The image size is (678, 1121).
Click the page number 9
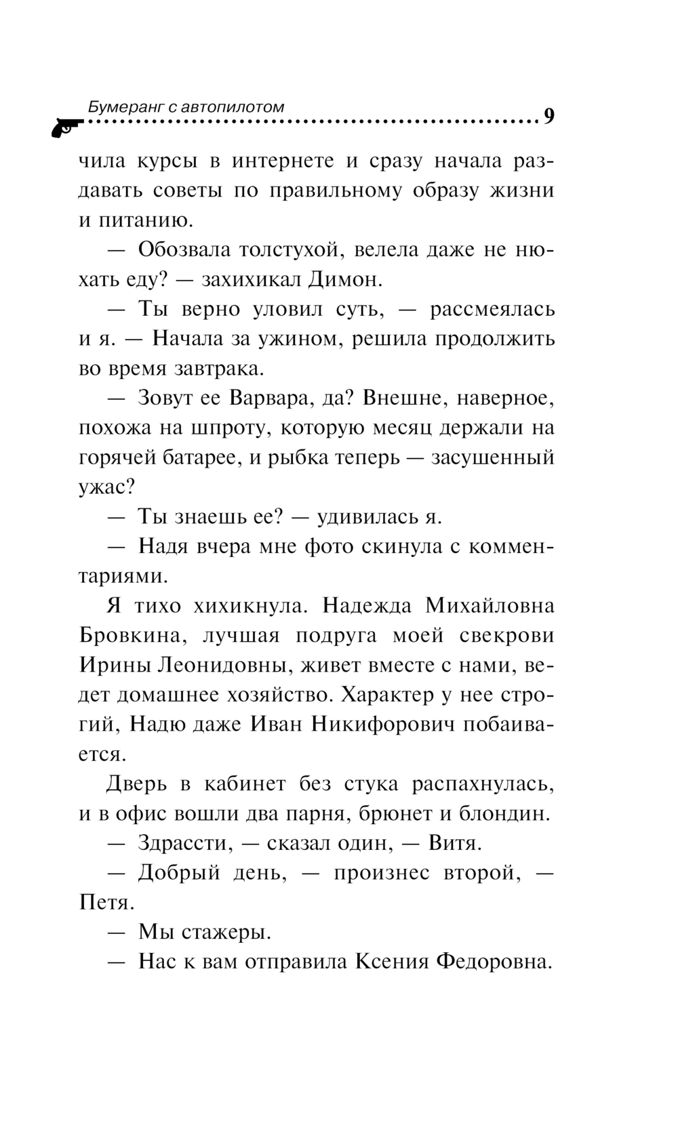[x=549, y=117]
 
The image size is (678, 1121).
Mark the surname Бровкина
[x=131, y=636]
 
